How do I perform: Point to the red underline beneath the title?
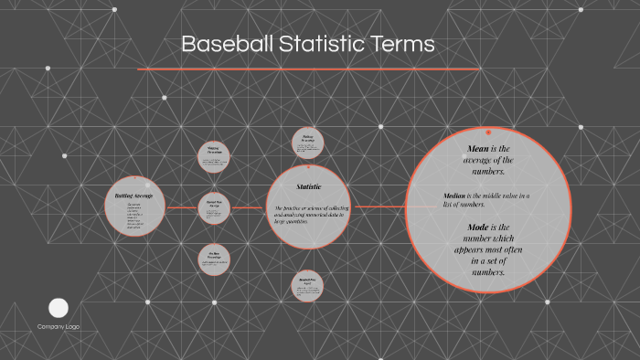[x=308, y=69]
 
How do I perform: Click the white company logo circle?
[x=59, y=307]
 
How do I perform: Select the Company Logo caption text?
[x=59, y=326]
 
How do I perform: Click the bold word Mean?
[x=478, y=147]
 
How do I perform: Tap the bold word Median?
[x=455, y=196]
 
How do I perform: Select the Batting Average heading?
[x=134, y=196]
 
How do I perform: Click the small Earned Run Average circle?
[x=214, y=207]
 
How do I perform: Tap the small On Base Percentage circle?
[x=214, y=259]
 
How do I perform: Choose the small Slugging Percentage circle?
[x=214, y=155]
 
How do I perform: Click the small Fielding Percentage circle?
[x=308, y=143]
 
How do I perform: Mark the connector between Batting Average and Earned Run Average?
[x=183, y=207]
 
